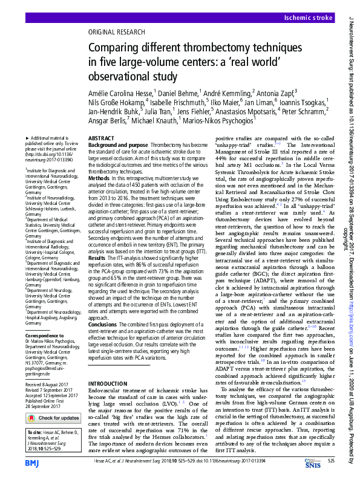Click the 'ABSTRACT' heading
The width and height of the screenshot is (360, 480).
click(101, 138)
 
